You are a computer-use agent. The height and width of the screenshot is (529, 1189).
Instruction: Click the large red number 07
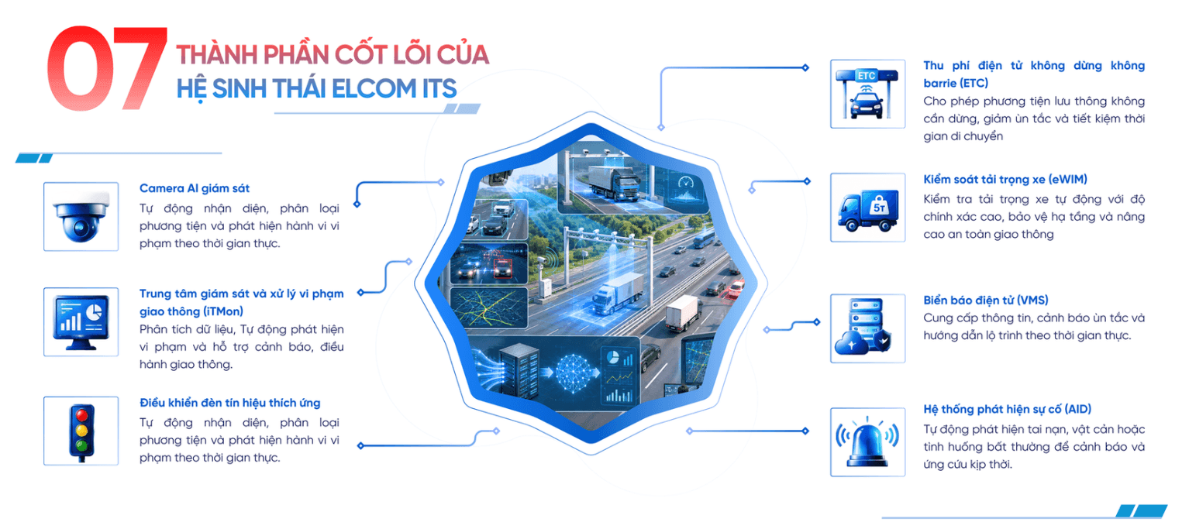(x=107, y=68)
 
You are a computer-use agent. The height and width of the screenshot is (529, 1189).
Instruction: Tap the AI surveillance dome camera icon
(x=81, y=217)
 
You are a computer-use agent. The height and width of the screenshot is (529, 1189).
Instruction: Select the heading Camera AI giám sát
(x=195, y=188)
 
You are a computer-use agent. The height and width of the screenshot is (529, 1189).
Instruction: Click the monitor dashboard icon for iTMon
(x=81, y=322)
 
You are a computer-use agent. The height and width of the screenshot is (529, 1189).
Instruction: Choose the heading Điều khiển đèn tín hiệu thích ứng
(x=230, y=403)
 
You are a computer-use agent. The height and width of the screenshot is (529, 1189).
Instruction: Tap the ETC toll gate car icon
(x=867, y=94)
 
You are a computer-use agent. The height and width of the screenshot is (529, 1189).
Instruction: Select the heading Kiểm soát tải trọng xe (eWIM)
(x=1005, y=180)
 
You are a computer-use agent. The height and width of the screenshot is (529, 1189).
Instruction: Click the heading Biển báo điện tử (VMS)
(x=986, y=301)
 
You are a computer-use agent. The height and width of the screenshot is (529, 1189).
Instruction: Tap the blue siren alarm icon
(x=867, y=442)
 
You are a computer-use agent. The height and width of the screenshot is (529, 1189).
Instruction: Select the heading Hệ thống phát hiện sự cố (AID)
(x=1008, y=409)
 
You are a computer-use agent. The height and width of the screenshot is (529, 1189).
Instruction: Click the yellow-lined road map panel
(x=489, y=307)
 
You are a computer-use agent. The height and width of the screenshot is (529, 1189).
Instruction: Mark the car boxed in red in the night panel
(x=503, y=269)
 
